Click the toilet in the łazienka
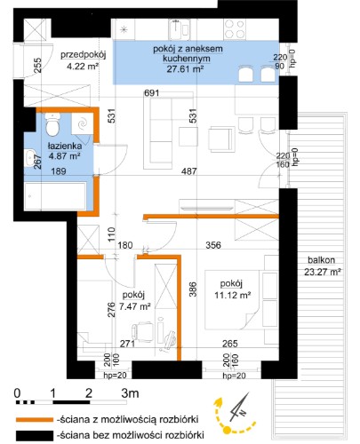pyautogui.click(x=53, y=125)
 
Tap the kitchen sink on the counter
pyautogui.click(x=180, y=29)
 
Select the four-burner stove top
pyautogui.click(x=235, y=29)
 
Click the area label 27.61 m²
pyautogui.click(x=185, y=69)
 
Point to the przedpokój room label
pyautogui.click(x=84, y=55)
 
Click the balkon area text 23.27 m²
pyautogui.click(x=322, y=272)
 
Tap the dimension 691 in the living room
pyautogui.click(x=152, y=93)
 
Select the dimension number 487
pyautogui.click(x=189, y=171)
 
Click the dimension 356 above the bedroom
pyautogui.click(x=213, y=245)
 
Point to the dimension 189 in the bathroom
pyautogui.click(x=59, y=171)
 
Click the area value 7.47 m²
pyautogui.click(x=135, y=306)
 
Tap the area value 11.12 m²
pyautogui.click(x=233, y=295)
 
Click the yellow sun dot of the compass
pyautogui.click(x=227, y=430)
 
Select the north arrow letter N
pyautogui.click(x=243, y=412)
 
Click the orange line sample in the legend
pyautogui.click(x=35, y=420)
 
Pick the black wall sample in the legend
pyautogui.click(x=35, y=435)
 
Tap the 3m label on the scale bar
pyautogui.click(x=130, y=393)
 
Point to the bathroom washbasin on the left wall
pyautogui.click(x=29, y=157)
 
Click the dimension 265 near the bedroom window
pyautogui.click(x=230, y=344)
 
